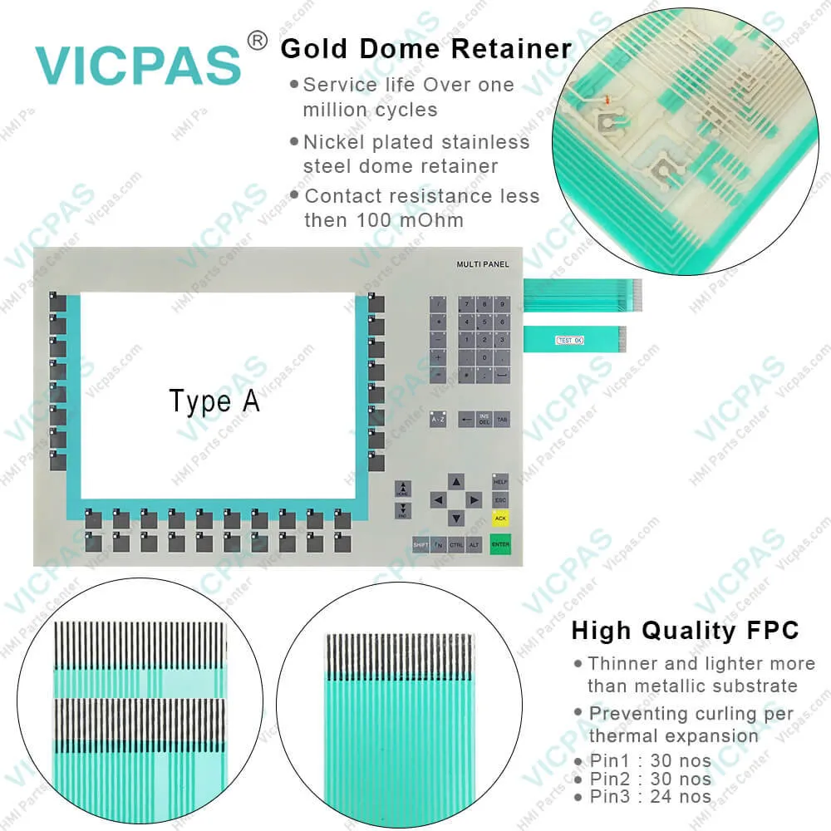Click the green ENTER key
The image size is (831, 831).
click(500, 544)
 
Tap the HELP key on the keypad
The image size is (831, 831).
click(500, 481)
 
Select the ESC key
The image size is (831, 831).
click(500, 500)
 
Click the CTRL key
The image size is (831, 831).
click(456, 544)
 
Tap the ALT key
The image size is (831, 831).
click(475, 544)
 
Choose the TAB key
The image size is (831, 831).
click(502, 420)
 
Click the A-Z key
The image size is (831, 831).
click(438, 420)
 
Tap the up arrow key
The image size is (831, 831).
click(455, 481)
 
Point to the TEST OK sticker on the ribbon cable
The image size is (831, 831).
click(569, 339)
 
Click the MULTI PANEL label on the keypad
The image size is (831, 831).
click(483, 264)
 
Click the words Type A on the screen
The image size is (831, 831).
click(214, 401)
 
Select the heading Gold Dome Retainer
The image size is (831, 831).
click(426, 48)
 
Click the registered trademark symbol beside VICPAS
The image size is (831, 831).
click(258, 40)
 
